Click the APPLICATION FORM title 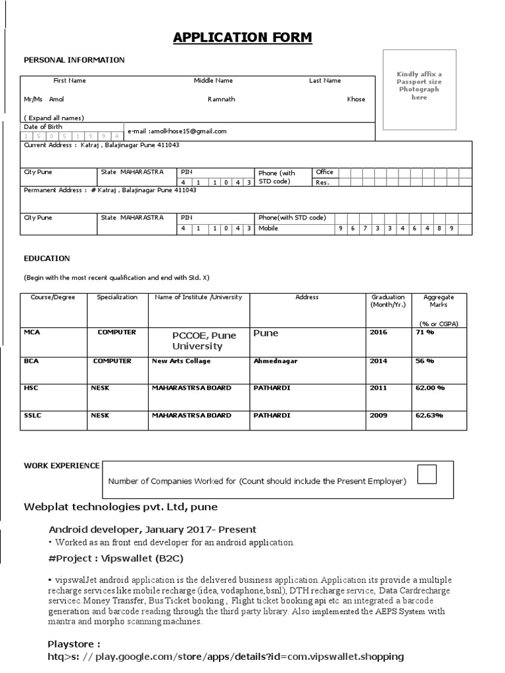243,37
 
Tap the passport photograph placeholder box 419,91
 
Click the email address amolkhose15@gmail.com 178,131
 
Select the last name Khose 356,99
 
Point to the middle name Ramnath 221,99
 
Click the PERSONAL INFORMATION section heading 74,60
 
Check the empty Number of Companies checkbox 427,473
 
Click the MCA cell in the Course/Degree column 32,333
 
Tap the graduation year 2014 379,361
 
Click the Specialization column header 117,297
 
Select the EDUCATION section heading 47,259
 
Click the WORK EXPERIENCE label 62,466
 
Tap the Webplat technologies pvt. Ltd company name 120,507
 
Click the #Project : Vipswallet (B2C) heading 116,559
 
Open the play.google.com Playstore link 226,657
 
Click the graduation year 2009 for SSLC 379,415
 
